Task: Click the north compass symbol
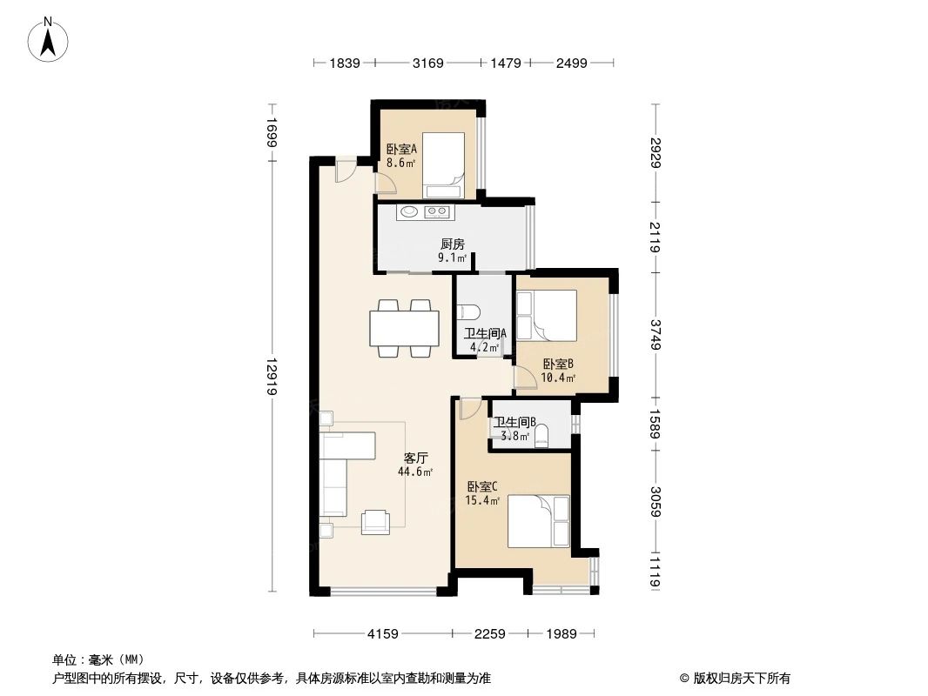coord(50,39)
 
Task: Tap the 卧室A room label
coord(401,149)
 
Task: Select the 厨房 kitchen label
coord(452,244)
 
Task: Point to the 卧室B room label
coord(557,364)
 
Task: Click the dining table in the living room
coord(405,328)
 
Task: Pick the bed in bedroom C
coord(538,520)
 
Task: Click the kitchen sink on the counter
coord(407,211)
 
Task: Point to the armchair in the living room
coord(377,519)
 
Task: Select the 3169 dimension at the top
coord(427,63)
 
